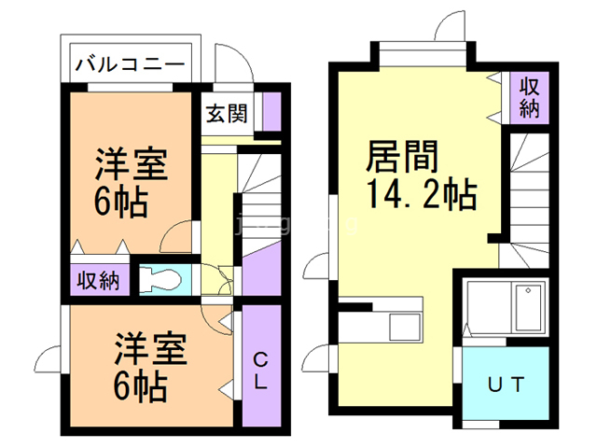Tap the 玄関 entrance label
[x=227, y=114]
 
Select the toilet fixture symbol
[x=162, y=279]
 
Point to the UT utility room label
[x=506, y=383]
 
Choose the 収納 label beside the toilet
[x=97, y=280]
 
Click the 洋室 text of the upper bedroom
[x=132, y=165]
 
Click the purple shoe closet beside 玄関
[x=271, y=112]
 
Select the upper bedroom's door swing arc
[x=177, y=238]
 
